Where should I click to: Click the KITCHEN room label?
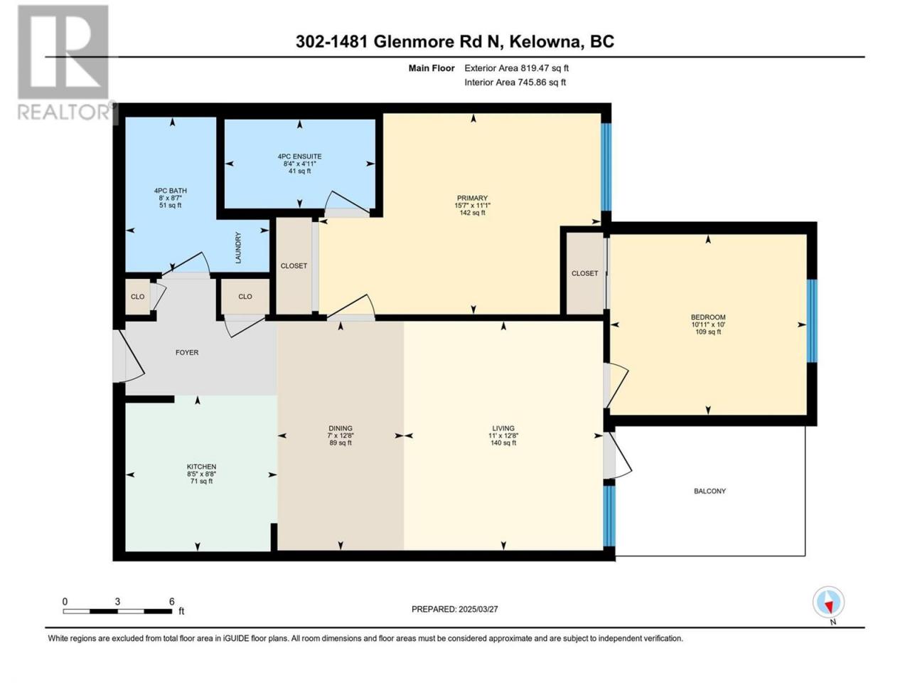(x=201, y=467)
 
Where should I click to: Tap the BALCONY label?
(x=710, y=491)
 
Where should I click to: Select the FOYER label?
(x=187, y=352)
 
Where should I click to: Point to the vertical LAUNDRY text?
(x=238, y=248)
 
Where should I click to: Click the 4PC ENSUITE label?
(x=299, y=157)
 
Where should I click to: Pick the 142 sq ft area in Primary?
(x=472, y=213)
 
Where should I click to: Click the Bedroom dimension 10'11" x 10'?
(x=708, y=324)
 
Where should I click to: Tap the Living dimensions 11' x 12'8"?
(x=503, y=435)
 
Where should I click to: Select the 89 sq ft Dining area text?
(x=341, y=443)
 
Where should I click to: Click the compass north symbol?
(x=828, y=602)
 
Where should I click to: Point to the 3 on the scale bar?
(x=117, y=601)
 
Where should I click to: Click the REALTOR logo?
(x=63, y=63)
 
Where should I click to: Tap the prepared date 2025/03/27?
(x=478, y=609)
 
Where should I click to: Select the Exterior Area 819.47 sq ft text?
(x=517, y=68)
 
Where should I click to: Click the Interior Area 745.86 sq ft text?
(x=515, y=82)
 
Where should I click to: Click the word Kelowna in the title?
(x=545, y=42)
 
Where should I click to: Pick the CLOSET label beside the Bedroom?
(x=584, y=273)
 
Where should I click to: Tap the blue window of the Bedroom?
(x=812, y=321)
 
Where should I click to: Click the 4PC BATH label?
(x=171, y=191)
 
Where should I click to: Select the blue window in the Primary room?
(x=606, y=167)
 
